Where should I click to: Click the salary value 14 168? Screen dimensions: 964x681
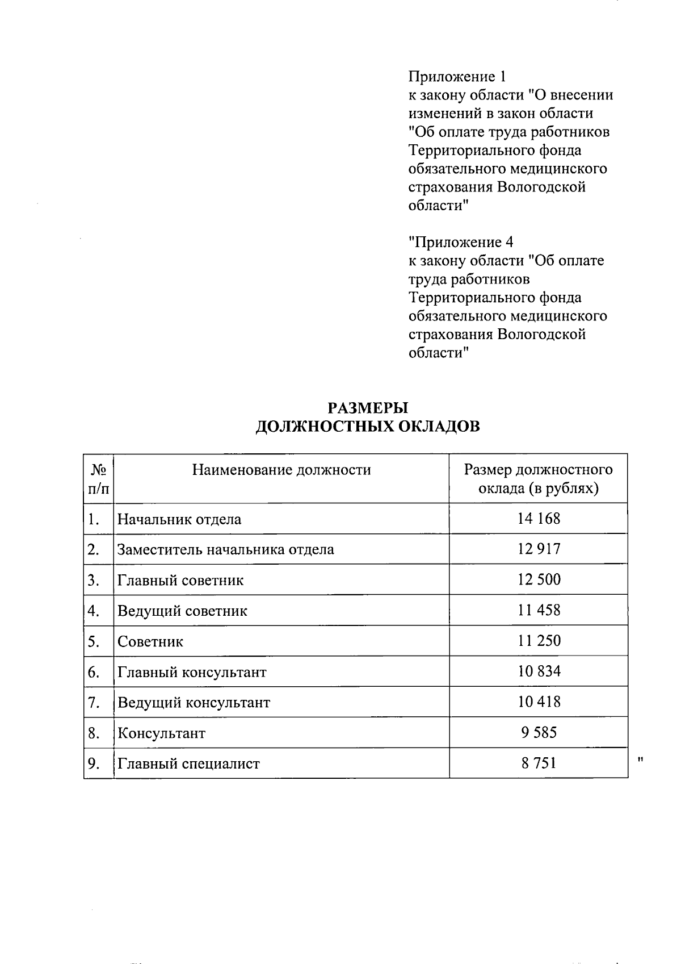pyautogui.click(x=539, y=518)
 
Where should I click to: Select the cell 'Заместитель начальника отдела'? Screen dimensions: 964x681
pyautogui.click(x=225, y=549)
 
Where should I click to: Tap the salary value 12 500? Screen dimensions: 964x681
pyautogui.click(x=539, y=579)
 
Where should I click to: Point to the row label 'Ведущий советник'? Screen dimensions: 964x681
pyautogui.click(x=182, y=611)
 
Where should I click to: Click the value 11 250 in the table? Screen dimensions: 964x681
pyautogui.click(x=539, y=641)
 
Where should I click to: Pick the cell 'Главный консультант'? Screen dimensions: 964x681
pyautogui.click(x=192, y=672)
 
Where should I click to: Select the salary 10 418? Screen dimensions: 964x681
pyautogui.click(x=539, y=702)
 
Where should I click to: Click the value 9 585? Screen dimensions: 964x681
pyautogui.click(x=539, y=732)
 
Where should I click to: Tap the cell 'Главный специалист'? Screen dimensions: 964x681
pyautogui.click(x=188, y=763)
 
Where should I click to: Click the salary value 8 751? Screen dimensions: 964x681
pyautogui.click(x=539, y=763)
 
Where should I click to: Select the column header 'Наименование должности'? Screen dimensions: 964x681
pyautogui.click(x=281, y=470)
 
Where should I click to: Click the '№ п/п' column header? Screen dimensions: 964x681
pyautogui.click(x=99, y=479)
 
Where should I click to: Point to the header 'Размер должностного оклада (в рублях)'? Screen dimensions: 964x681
pyautogui.click(x=538, y=479)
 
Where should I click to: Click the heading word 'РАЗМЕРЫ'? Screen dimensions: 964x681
pyautogui.click(x=368, y=408)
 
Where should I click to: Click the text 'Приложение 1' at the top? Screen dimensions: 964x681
pyautogui.click(x=456, y=76)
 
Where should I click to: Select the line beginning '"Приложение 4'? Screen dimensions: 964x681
pyautogui.click(x=461, y=242)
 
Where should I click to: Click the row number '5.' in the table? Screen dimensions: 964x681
pyautogui.click(x=94, y=641)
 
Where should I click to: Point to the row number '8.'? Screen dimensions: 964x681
pyautogui.click(x=94, y=733)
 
